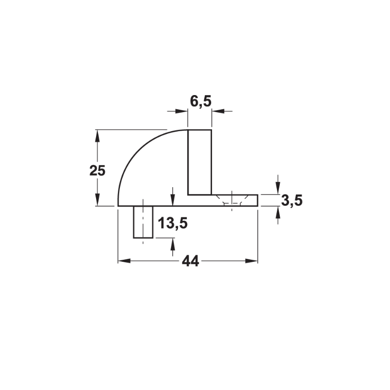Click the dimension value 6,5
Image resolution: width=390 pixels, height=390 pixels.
pyautogui.click(x=200, y=101)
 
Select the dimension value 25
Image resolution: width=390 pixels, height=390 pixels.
pyautogui.click(x=97, y=171)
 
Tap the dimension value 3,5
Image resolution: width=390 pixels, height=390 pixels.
pyautogui.click(x=292, y=200)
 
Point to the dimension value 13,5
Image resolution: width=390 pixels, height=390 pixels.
pyautogui.click(x=173, y=223)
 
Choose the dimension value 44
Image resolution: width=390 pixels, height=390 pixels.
pyautogui.click(x=191, y=261)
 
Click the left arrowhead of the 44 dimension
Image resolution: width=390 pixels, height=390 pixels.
pyautogui.click(x=124, y=261)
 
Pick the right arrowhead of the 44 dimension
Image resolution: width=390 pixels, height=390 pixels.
pyautogui.click(x=252, y=261)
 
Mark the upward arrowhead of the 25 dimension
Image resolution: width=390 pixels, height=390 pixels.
pyautogui.click(x=97, y=136)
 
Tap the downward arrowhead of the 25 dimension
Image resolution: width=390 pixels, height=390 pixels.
pyautogui.click(x=97, y=199)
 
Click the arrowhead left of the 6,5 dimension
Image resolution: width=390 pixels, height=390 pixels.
pyautogui.click(x=181, y=111)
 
